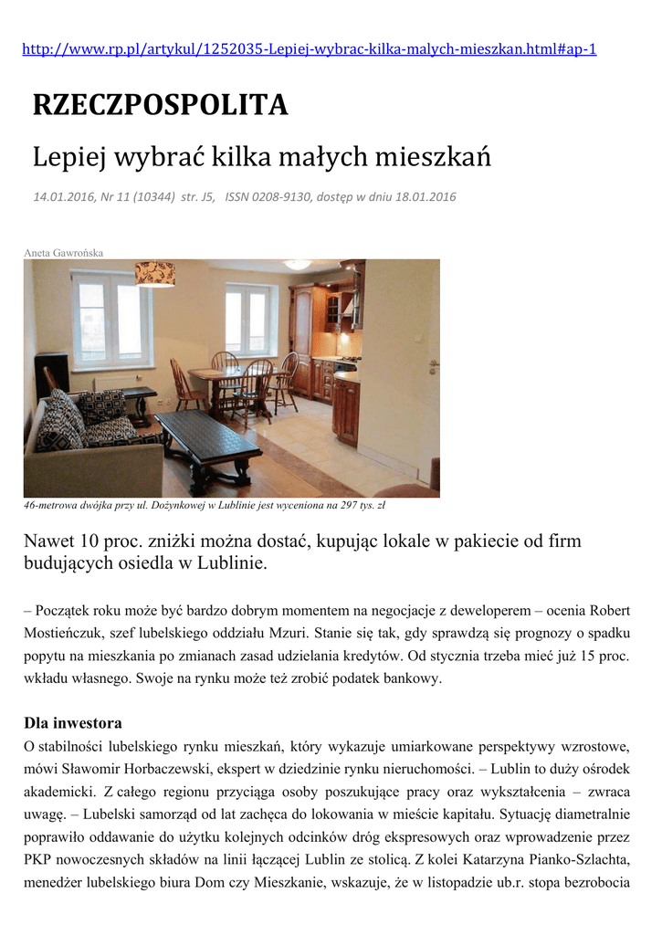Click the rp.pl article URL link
[309, 49]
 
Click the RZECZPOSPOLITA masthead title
[161, 106]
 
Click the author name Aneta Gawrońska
[63, 252]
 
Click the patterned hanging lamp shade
[154, 272]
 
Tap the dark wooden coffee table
[207, 436]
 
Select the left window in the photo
[111, 319]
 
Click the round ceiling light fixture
[297, 264]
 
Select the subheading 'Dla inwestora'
[72, 722]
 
